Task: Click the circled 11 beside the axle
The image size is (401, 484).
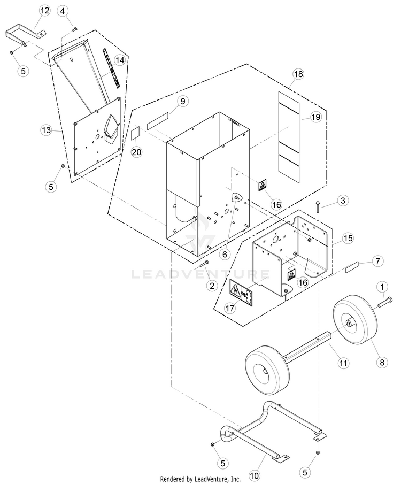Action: click(x=342, y=363)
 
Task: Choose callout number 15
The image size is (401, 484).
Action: click(x=348, y=221)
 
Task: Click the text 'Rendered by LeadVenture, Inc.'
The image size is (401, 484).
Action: click(x=200, y=479)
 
